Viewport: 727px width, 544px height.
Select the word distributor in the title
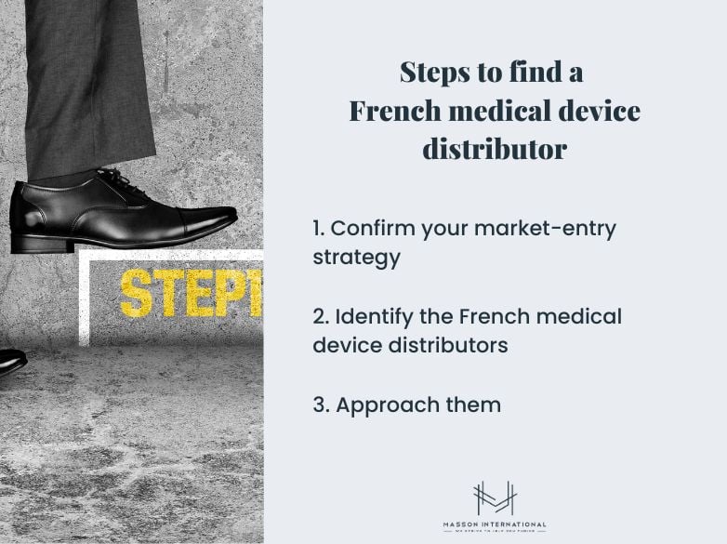click(x=495, y=149)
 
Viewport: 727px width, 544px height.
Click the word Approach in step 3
click(x=385, y=405)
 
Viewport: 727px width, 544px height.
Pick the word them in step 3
click(x=472, y=405)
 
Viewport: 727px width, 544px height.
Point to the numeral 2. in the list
click(x=321, y=316)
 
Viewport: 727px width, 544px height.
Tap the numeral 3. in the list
click(x=321, y=405)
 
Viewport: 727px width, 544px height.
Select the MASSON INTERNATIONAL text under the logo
click(x=495, y=524)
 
